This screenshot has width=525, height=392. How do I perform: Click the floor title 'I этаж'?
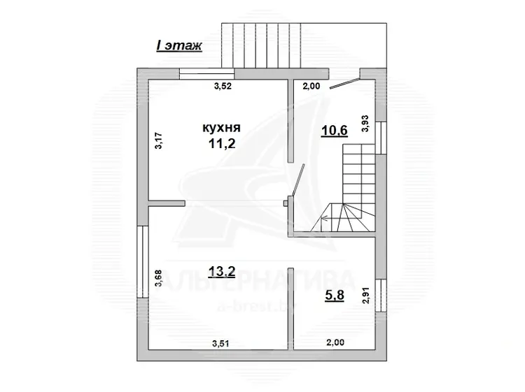[179, 46]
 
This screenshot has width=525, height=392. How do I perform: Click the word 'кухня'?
[222, 128]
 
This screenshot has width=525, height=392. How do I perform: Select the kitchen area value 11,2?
[222, 144]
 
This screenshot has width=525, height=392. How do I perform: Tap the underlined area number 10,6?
[334, 131]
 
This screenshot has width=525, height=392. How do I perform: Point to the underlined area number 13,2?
[222, 272]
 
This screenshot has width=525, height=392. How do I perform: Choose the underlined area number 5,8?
[335, 296]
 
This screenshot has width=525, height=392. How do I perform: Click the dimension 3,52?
[223, 86]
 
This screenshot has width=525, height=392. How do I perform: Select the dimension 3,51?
[220, 343]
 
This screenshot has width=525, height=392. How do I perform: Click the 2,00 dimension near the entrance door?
[311, 86]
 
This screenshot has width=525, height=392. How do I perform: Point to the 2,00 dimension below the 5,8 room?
[335, 342]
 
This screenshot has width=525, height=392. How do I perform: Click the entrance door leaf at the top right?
[344, 83]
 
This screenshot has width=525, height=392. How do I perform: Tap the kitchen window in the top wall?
[207, 73]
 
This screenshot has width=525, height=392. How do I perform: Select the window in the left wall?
[143, 261]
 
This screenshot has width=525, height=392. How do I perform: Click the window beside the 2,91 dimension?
[381, 295]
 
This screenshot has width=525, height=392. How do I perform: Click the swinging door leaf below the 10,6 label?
[298, 180]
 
